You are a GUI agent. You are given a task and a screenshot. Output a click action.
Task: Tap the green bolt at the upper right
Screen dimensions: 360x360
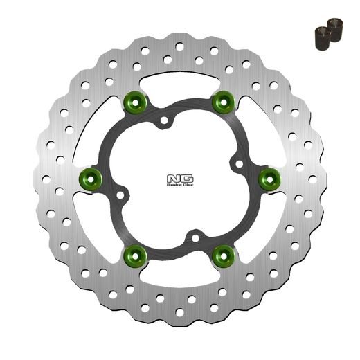[222, 103]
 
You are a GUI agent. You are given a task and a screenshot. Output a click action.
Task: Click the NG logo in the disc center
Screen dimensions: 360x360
[179, 177]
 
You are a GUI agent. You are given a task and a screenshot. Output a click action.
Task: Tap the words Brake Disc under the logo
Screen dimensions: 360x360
[179, 186]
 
